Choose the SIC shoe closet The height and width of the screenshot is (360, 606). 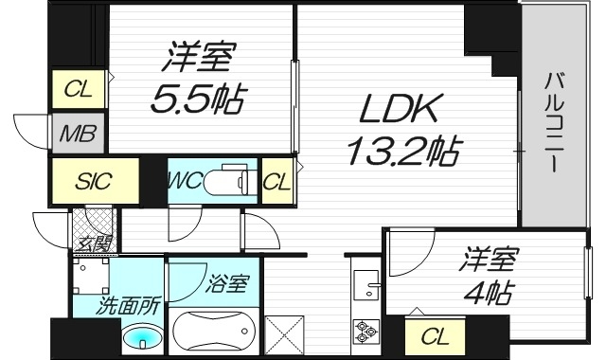tap(95, 180)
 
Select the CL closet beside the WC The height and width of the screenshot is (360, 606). tap(276, 180)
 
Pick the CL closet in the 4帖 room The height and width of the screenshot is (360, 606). tap(435, 334)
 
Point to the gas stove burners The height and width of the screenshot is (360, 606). tap(365, 332)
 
